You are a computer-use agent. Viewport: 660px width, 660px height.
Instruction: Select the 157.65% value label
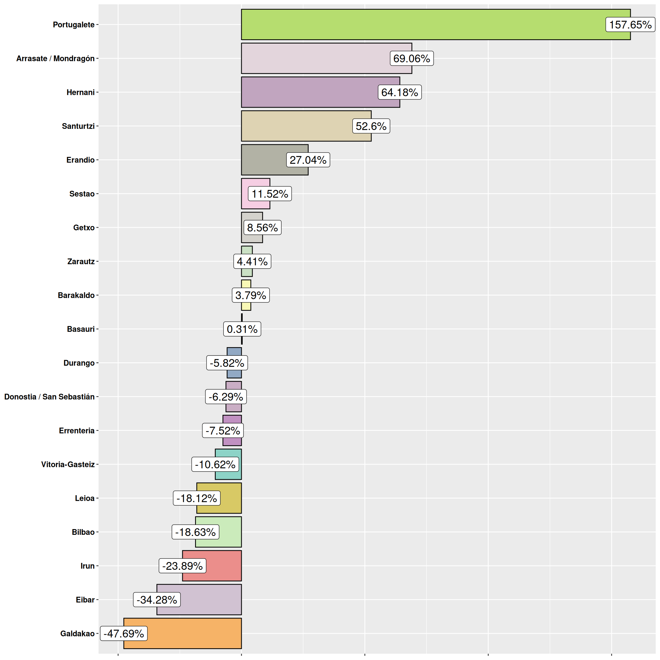pos(630,25)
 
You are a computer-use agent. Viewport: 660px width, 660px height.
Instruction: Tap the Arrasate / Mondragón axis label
pos(55,58)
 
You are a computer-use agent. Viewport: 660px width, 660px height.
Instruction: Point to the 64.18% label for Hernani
pos(399,92)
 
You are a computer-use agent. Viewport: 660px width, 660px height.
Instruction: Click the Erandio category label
pos(80,160)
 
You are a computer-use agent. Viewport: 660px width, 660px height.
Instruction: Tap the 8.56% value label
pos(262,227)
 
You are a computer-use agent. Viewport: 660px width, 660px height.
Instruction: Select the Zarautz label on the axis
pos(81,261)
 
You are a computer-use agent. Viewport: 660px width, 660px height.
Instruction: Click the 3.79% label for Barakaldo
pos(250,295)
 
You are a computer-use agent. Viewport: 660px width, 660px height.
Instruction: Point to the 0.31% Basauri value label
pos(242,329)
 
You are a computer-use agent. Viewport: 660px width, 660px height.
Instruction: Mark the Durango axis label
pos(79,363)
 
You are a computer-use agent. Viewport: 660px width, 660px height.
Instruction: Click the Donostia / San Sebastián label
pos(49,397)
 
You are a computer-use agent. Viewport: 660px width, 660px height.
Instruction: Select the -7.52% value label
pos(223,431)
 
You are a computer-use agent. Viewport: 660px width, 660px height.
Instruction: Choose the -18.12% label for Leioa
pos(197,498)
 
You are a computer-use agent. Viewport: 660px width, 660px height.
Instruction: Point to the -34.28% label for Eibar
pos(157,600)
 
